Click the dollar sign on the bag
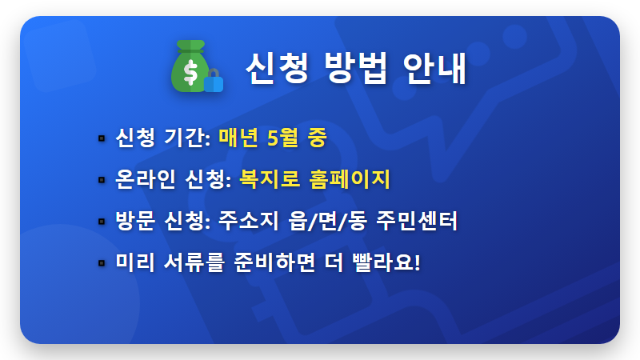click(x=190, y=73)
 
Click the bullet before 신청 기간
click(x=101, y=138)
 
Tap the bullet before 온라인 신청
click(x=101, y=179)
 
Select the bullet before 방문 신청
click(x=101, y=221)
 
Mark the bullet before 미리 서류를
click(x=101, y=262)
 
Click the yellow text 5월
click(x=286, y=138)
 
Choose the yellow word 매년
click(x=239, y=138)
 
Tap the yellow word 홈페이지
click(x=349, y=178)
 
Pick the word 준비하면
click(x=277, y=262)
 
